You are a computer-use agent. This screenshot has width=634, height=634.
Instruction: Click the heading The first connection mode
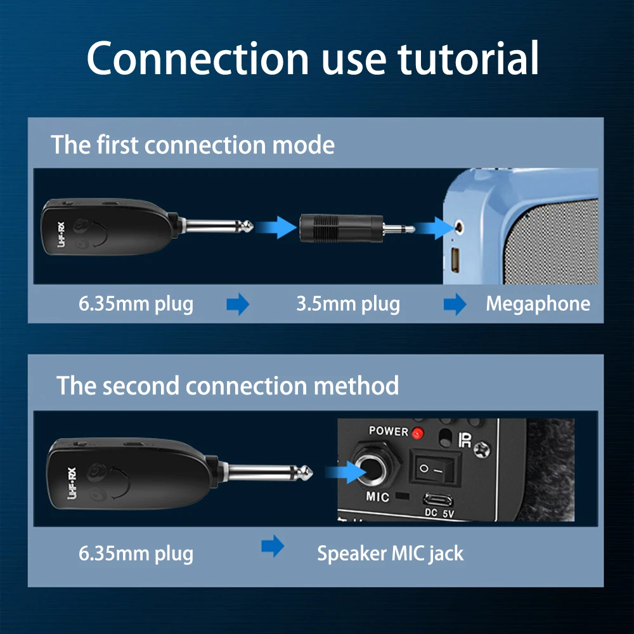click(192, 145)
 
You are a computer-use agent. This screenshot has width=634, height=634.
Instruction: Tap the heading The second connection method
click(228, 385)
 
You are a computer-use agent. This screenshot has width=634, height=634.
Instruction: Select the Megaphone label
click(538, 304)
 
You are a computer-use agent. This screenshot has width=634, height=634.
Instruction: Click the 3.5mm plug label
click(348, 304)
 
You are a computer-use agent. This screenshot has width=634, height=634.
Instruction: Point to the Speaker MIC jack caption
click(390, 553)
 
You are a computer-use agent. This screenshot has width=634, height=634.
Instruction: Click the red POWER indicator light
click(417, 433)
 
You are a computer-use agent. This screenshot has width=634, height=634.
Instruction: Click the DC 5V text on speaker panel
click(440, 513)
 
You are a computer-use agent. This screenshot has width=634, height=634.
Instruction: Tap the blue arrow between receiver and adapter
click(277, 226)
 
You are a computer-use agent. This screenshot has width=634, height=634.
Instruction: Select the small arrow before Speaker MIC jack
click(273, 547)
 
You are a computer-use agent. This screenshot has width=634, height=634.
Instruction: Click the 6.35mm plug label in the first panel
click(136, 304)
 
